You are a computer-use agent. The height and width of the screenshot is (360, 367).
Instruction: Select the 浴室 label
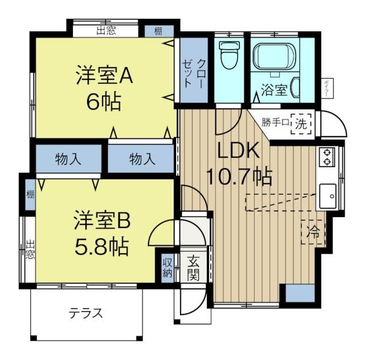pyautogui.click(x=274, y=90)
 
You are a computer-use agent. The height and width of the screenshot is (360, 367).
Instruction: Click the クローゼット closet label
pyautogui.click(x=194, y=72)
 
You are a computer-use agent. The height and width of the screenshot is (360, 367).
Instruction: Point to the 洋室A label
pyautogui.click(x=104, y=76)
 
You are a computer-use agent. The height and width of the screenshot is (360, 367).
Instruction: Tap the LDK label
pyautogui.click(x=238, y=150)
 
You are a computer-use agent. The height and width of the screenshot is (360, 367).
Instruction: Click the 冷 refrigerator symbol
pyautogui.click(x=313, y=232)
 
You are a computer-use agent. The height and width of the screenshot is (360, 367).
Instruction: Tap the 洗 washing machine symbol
pyautogui.click(x=301, y=122)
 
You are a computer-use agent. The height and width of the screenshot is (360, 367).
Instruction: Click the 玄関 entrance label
pyautogui.click(x=193, y=268)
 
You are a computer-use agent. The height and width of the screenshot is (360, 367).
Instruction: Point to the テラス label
pyautogui.click(x=86, y=313)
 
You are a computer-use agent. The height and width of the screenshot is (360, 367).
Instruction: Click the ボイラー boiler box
pyautogui.click(x=326, y=89)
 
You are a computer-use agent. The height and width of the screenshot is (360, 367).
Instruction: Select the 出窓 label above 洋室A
pyautogui.click(x=106, y=30)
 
